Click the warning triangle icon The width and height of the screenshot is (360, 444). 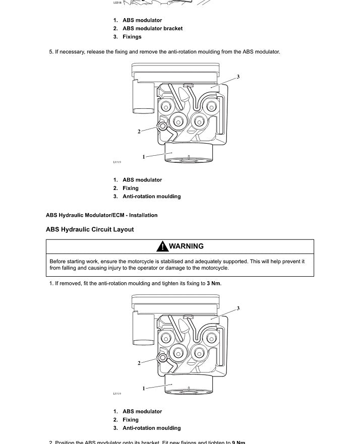click(162, 246)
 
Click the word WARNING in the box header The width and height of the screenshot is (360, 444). click(187, 246)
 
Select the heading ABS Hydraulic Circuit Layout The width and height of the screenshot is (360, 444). click(90, 229)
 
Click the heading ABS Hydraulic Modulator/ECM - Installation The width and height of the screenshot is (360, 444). click(101, 215)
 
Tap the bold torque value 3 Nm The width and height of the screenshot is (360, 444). click(214, 283)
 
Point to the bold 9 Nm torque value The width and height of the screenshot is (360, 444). click(238, 442)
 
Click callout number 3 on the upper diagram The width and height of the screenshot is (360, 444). click(238, 77)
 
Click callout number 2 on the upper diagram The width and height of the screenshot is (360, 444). click(139, 132)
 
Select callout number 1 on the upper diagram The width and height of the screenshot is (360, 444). click(144, 157)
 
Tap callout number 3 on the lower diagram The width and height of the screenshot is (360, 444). click(238, 308)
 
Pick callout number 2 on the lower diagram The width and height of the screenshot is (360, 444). click(139, 363)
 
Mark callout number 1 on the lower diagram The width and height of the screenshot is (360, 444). click(144, 388)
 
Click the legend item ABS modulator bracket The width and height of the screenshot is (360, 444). click(152, 28)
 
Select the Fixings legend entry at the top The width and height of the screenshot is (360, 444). click(132, 37)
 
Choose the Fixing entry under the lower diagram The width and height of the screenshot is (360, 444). click(130, 420)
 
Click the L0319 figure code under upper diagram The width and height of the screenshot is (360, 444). click(116, 162)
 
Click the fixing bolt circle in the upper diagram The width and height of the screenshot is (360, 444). click(162, 125)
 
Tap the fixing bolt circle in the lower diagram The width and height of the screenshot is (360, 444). click(162, 357)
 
